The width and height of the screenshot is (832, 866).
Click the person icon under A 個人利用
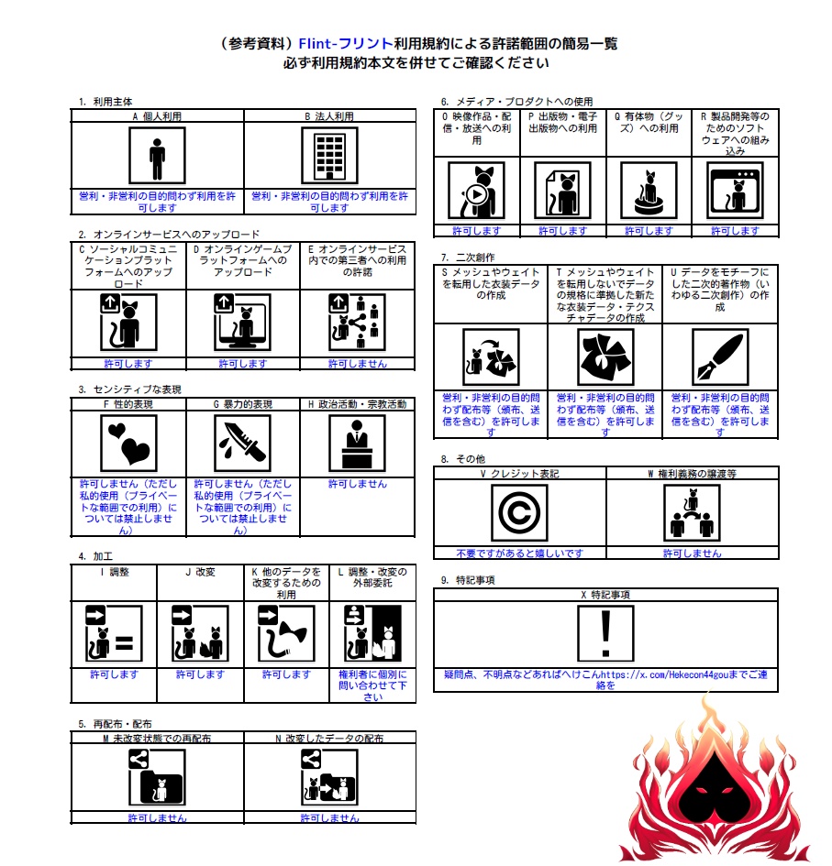[x=157, y=156]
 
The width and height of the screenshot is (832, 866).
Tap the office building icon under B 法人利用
[x=329, y=156]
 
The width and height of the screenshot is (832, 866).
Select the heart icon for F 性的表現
[x=128, y=444]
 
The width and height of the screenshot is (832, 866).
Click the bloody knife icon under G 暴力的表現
[x=243, y=444]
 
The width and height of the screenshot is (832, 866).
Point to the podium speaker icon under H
[x=357, y=444]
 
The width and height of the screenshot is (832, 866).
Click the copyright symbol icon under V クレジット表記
[x=519, y=513]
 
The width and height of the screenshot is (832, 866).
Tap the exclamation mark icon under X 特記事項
[x=605, y=633]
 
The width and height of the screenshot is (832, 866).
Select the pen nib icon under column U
[x=720, y=357]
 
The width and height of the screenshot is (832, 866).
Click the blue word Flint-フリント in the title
[x=346, y=44]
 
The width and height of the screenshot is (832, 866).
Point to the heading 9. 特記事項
[x=468, y=580]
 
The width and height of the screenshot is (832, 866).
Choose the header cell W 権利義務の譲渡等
[x=693, y=474]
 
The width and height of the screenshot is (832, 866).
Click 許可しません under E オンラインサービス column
[x=357, y=364]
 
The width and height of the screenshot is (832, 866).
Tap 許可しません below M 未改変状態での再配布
[x=157, y=818]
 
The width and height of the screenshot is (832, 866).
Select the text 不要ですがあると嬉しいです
[x=519, y=553]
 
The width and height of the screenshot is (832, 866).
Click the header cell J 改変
[x=200, y=572]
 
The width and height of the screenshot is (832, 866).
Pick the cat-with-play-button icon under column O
[x=476, y=191]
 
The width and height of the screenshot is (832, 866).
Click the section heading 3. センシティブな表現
[x=130, y=389]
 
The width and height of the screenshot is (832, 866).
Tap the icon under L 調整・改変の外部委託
[x=372, y=633]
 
